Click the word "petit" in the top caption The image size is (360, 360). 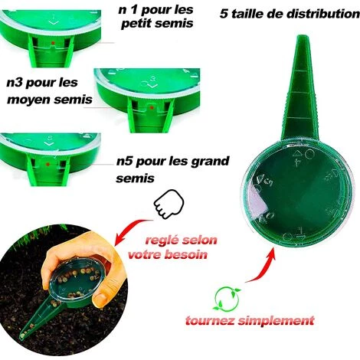click(136, 24)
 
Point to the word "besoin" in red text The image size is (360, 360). click(186, 254)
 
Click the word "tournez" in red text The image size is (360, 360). click(210, 320)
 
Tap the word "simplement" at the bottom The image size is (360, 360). click(276, 321)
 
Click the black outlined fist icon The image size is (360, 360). click(169, 204)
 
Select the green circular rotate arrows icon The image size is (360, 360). click(227, 299)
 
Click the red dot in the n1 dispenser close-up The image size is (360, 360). click(53, 42)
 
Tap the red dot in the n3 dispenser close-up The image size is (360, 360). click(152, 107)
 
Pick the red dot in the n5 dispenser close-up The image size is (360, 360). click(47, 164)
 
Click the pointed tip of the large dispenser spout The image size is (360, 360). click(303, 36)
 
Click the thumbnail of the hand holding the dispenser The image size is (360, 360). click(64, 290)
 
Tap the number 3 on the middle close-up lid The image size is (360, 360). click(153, 79)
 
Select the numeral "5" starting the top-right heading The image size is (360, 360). click(224, 14)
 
